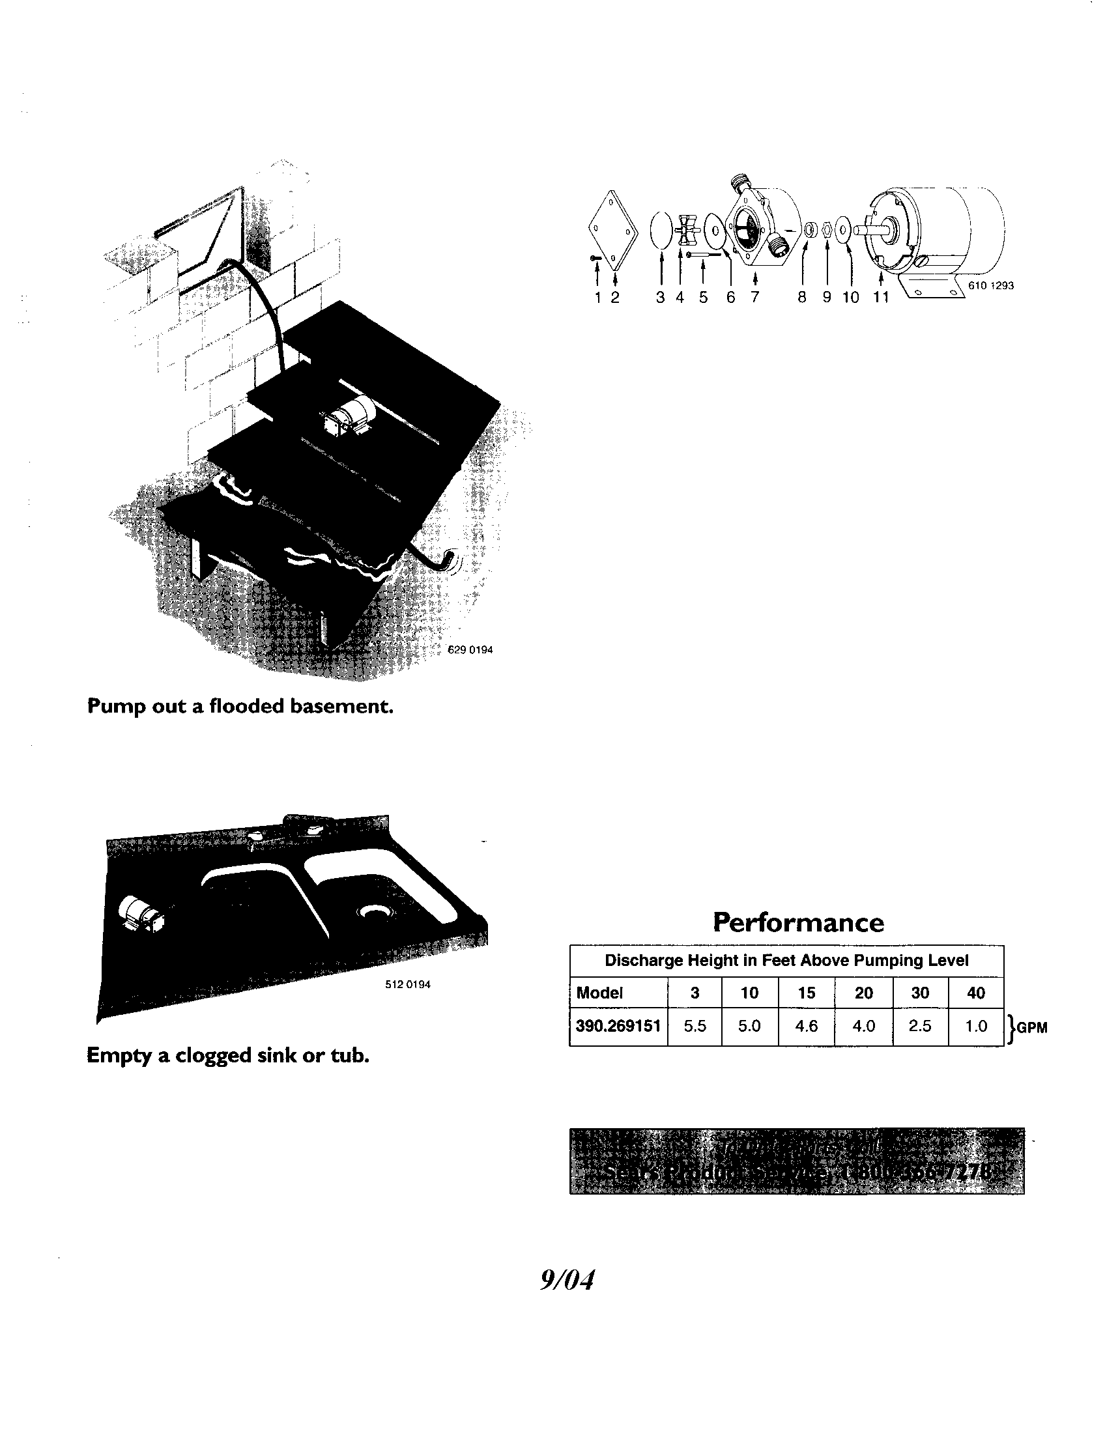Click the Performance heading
[798, 922]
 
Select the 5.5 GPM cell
[695, 1026]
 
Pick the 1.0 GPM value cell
[976, 1026]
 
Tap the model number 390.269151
[618, 1026]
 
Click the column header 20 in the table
[863, 993]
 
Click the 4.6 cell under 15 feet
[806, 1026]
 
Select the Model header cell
[599, 993]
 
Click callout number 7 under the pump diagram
[754, 297]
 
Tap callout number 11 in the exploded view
[880, 297]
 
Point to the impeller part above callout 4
[684, 229]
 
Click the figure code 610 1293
[991, 285]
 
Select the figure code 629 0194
[470, 649]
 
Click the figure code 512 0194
[407, 984]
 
